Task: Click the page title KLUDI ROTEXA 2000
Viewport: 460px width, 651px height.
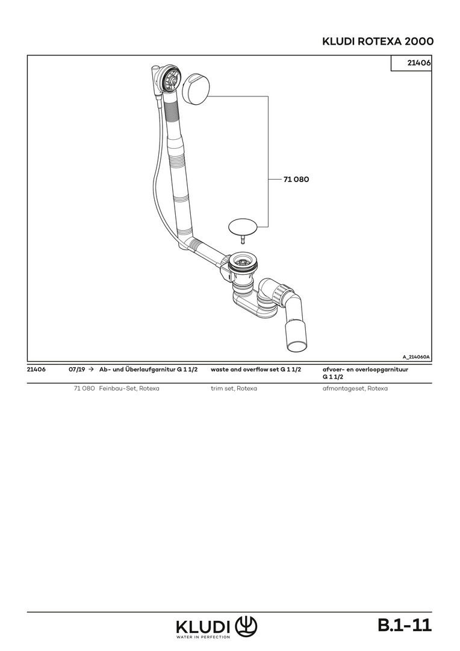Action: [378, 42]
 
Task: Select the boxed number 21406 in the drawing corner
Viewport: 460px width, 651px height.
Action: [419, 63]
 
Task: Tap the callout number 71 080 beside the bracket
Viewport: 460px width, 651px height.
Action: [296, 180]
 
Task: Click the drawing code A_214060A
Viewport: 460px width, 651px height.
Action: [416, 357]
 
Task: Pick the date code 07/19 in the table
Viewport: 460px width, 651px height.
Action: [76, 369]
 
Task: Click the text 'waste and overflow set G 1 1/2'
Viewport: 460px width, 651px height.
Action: [256, 369]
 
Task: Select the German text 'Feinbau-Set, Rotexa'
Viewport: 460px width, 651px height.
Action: [129, 389]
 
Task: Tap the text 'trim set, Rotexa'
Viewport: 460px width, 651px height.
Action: [234, 389]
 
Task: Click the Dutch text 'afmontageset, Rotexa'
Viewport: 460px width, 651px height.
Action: [355, 389]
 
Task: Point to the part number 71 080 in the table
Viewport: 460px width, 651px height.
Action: [84, 389]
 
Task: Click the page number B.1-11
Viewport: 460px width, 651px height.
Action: [405, 625]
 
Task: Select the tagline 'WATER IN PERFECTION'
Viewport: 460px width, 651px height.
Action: [204, 637]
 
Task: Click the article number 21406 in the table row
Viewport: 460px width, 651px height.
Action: [36, 369]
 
